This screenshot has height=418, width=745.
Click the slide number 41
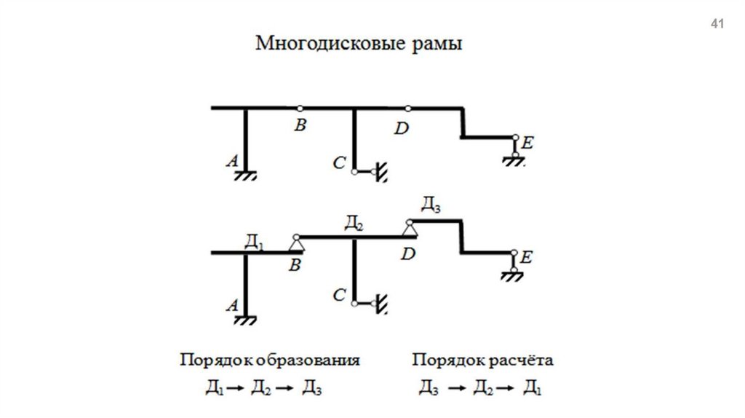point(717,25)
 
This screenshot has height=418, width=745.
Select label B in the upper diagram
point(300,126)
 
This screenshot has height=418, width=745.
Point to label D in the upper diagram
point(402,129)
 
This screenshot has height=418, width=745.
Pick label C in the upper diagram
point(339,164)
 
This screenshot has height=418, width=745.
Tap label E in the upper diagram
point(527,144)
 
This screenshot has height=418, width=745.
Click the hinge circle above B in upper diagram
point(300,108)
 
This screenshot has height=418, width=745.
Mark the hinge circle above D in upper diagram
point(408,108)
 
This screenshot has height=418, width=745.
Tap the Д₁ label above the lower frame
point(254,241)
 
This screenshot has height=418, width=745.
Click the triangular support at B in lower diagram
point(296,244)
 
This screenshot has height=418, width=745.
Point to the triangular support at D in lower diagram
point(410,229)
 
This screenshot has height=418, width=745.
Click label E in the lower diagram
point(527,257)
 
